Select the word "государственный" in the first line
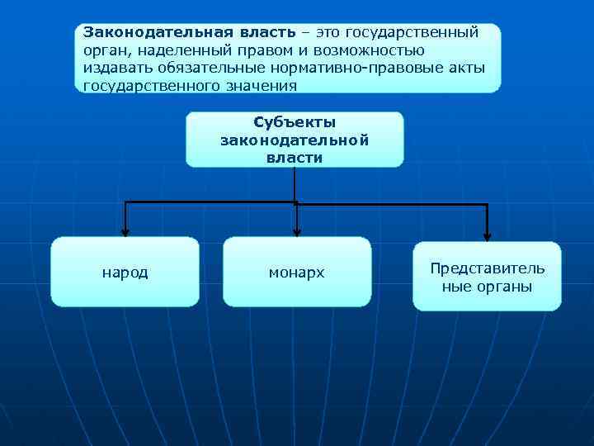coord(412,32)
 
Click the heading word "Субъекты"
coord(295,122)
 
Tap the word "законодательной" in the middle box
coord(295,140)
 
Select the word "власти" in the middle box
coord(295,158)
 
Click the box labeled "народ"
coord(125,272)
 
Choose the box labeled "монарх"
coord(297,272)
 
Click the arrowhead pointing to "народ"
coord(125,232)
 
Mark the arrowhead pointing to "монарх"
coord(297,232)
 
